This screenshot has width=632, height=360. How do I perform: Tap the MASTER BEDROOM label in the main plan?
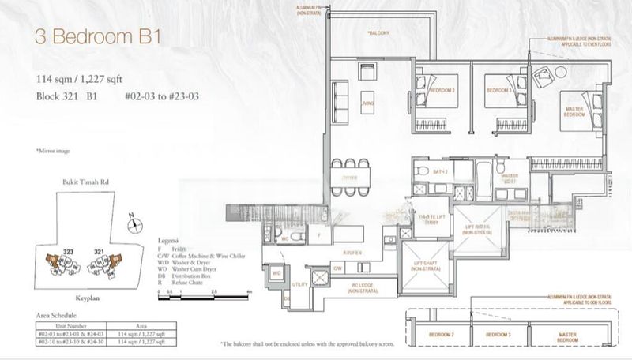pyautogui.click(x=574, y=111)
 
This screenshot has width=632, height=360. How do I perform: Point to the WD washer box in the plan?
pyautogui.click(x=276, y=272)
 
